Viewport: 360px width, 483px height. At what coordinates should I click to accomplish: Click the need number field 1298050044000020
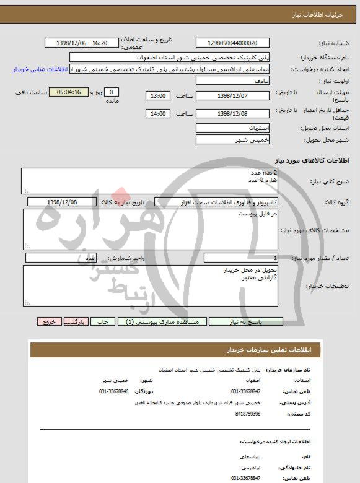[x=233, y=43]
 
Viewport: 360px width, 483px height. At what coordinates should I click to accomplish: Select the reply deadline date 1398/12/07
[x=233, y=96]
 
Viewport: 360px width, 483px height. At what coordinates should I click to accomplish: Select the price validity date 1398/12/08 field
[x=233, y=114]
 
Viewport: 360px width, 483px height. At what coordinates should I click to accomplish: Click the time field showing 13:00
[x=158, y=96]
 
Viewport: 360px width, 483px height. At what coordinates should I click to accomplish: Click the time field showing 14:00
[x=158, y=114]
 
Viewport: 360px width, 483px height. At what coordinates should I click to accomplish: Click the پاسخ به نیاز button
[x=246, y=322]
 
